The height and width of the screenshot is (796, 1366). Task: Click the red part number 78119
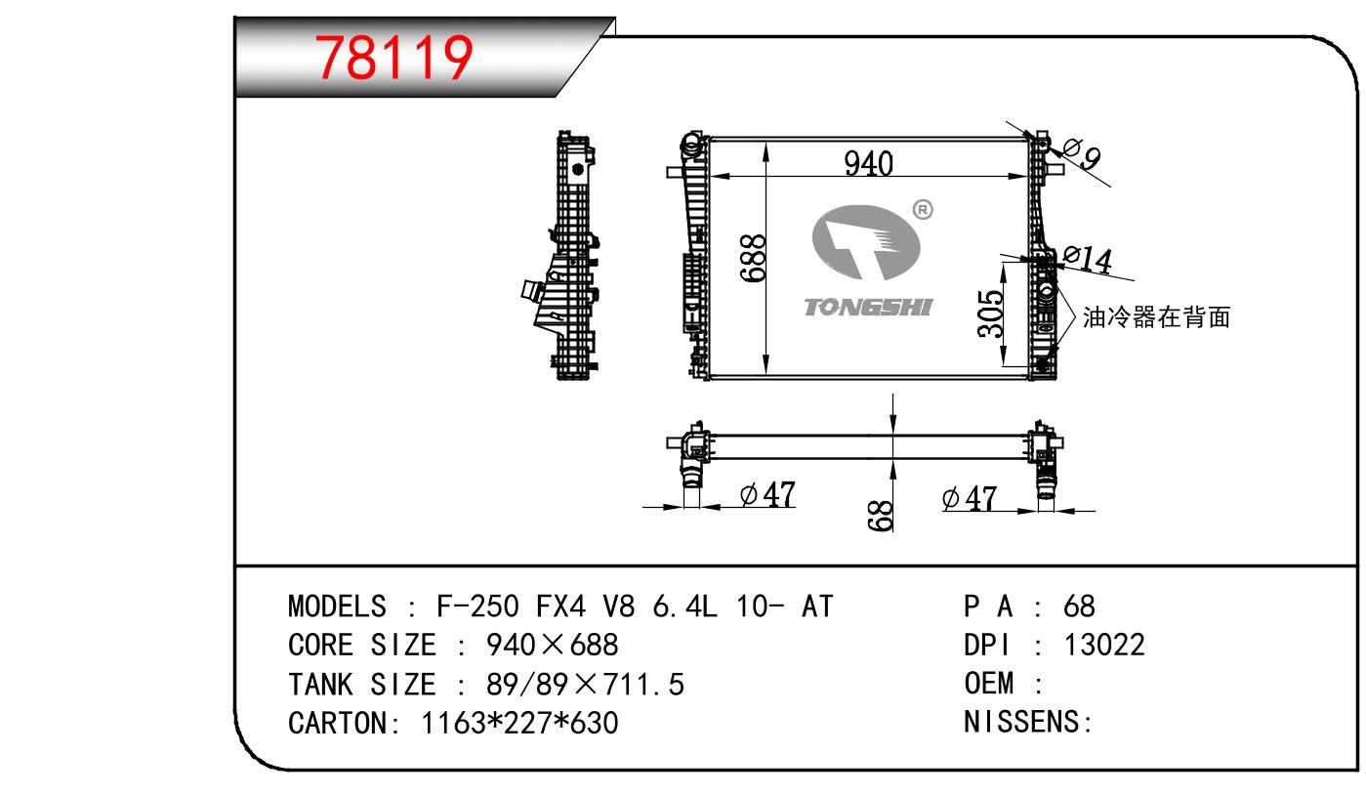[393, 58]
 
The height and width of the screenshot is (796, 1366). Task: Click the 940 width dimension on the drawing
[868, 163]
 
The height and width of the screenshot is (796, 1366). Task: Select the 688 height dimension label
[754, 258]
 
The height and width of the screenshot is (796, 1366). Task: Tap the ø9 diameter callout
[1082, 153]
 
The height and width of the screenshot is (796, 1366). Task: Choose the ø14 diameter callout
[1087, 259]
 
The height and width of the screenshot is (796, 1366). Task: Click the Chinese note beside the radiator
[1156, 317]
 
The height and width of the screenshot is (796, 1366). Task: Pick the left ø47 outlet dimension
[767, 494]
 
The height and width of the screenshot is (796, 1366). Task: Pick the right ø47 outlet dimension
[969, 498]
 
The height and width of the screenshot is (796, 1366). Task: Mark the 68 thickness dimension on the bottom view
[881, 516]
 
